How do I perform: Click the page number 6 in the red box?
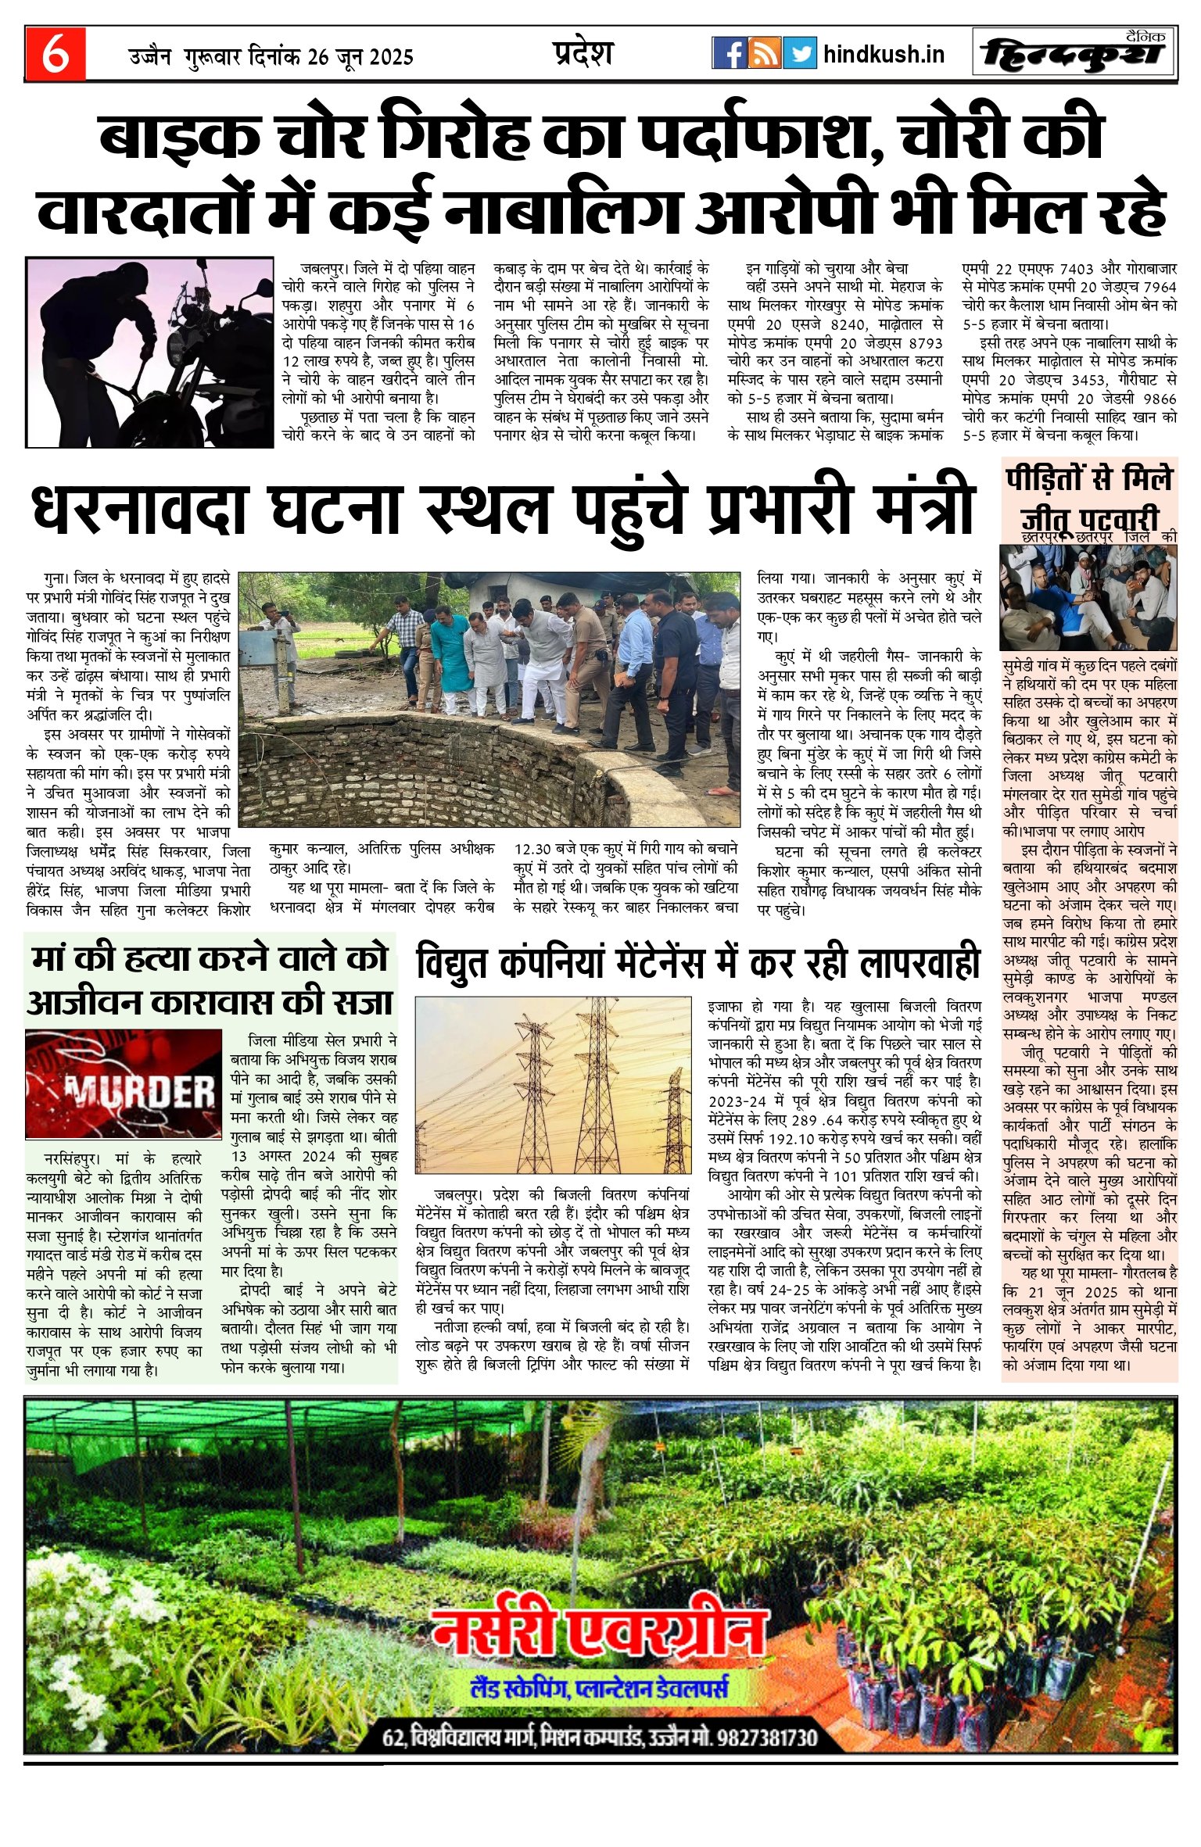(55, 55)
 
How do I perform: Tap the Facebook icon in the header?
(729, 53)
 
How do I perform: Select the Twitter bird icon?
(799, 53)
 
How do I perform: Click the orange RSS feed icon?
(764, 53)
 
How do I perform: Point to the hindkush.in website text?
(884, 55)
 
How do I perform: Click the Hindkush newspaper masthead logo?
(1074, 55)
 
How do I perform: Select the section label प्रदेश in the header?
(583, 53)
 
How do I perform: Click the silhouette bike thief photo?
(150, 353)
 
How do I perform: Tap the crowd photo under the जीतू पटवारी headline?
(1089, 598)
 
